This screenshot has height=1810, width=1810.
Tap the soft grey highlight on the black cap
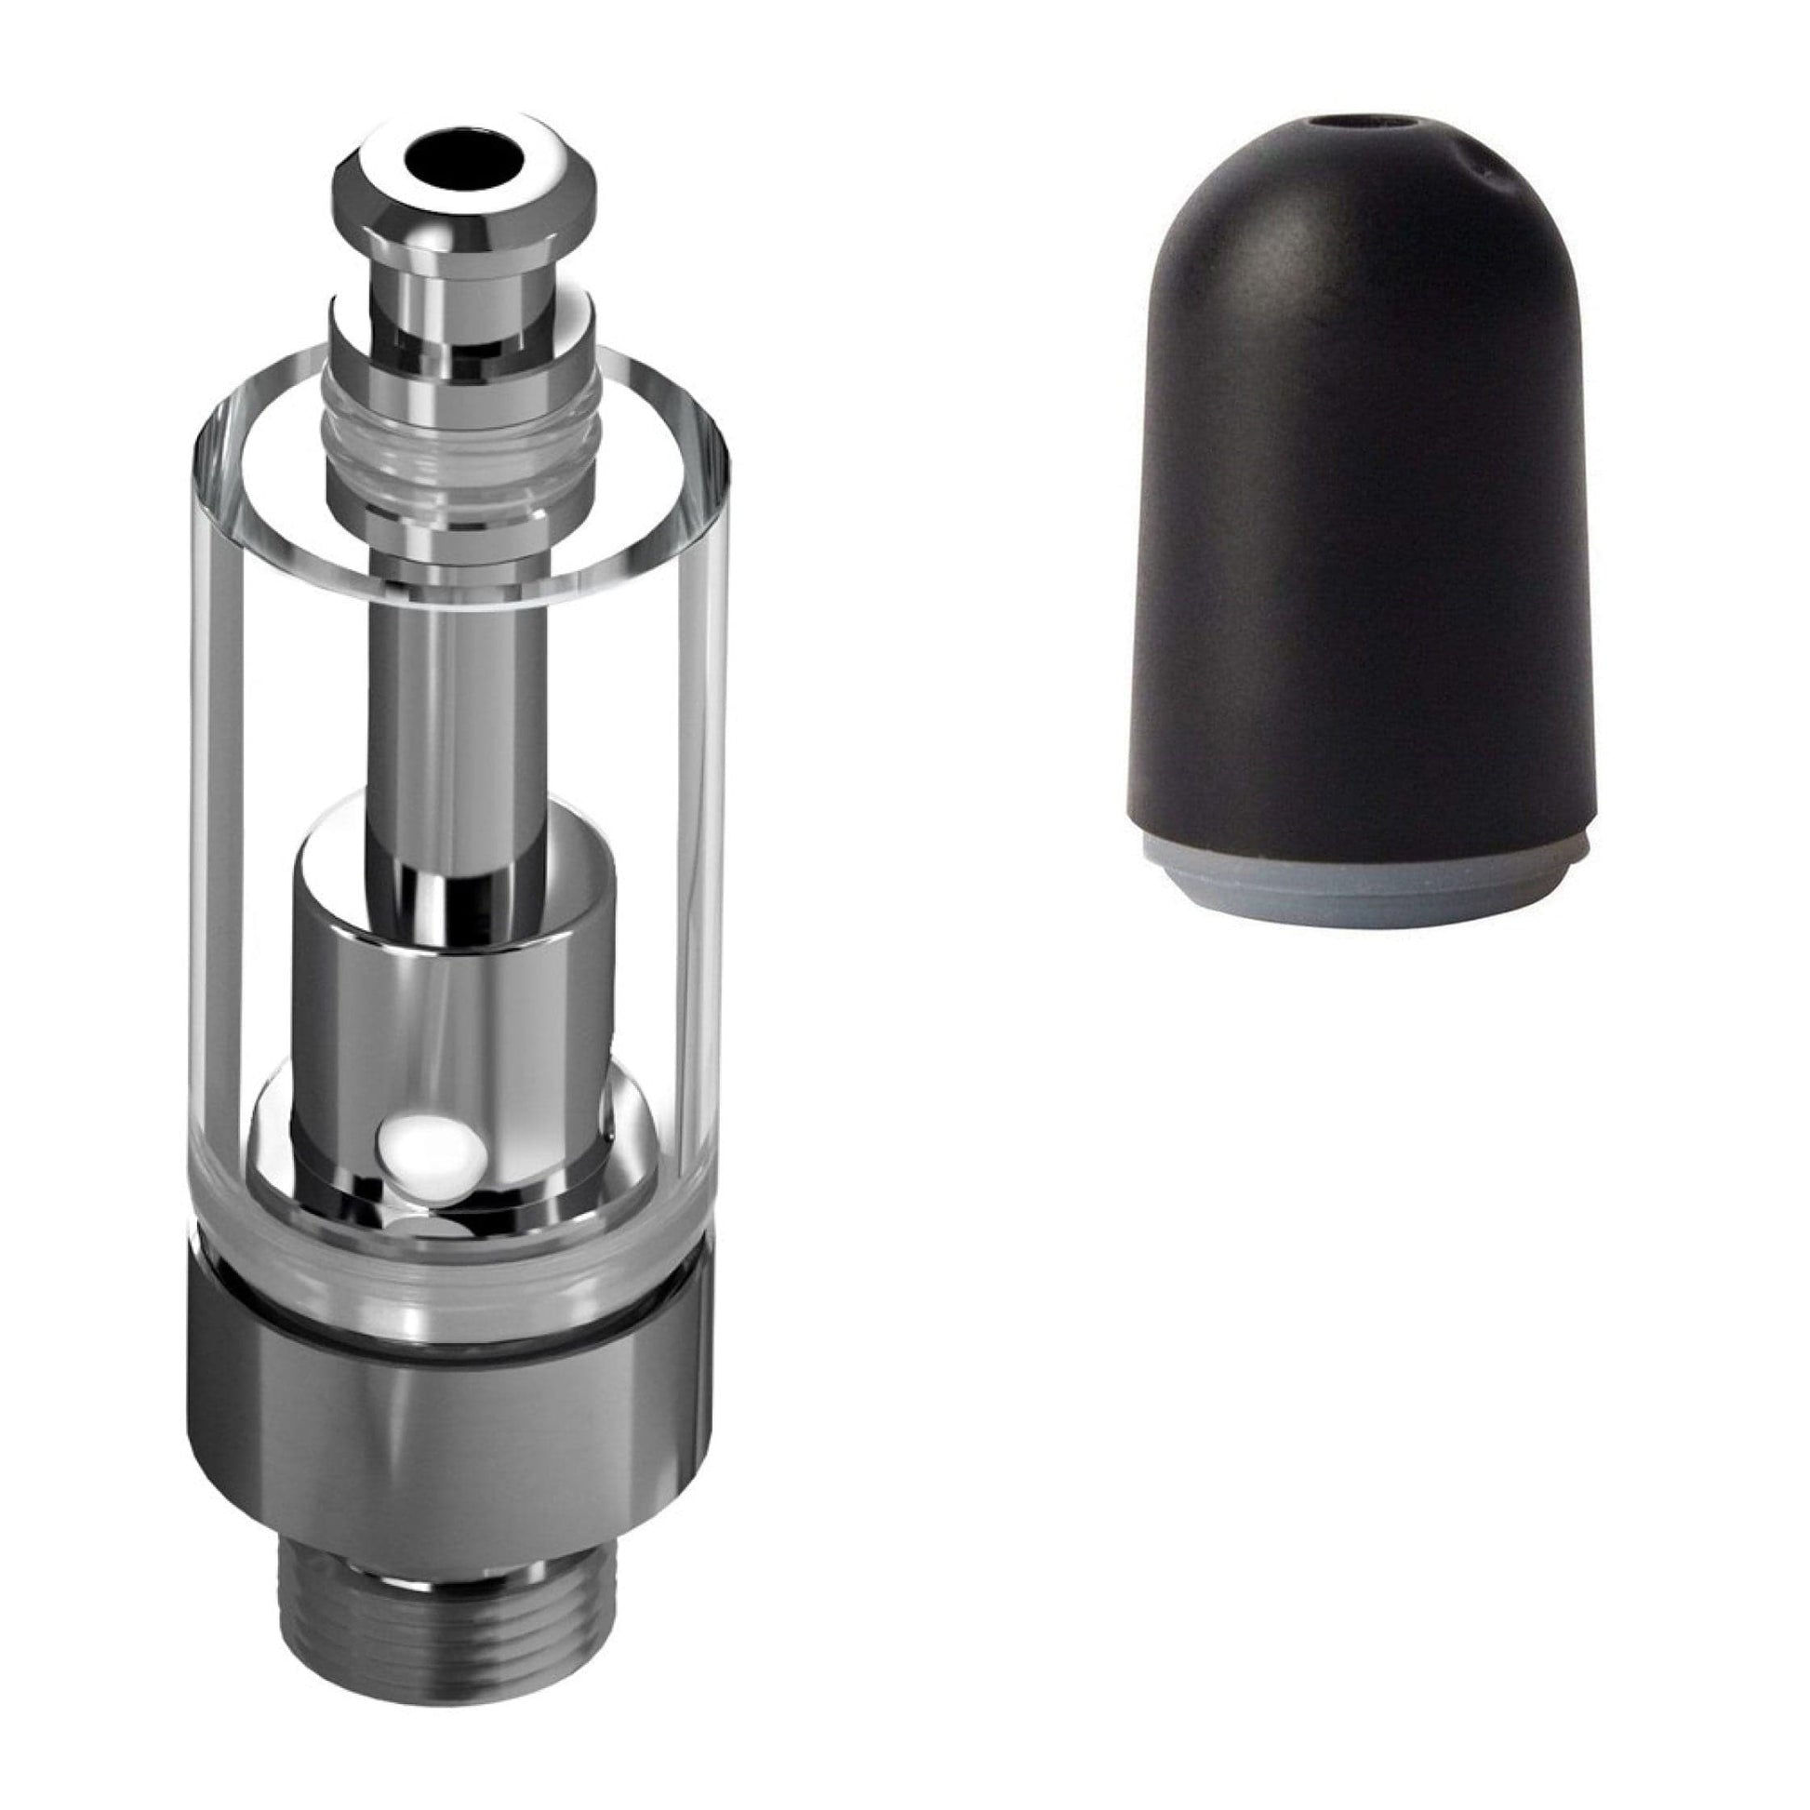(x=1246, y=281)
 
